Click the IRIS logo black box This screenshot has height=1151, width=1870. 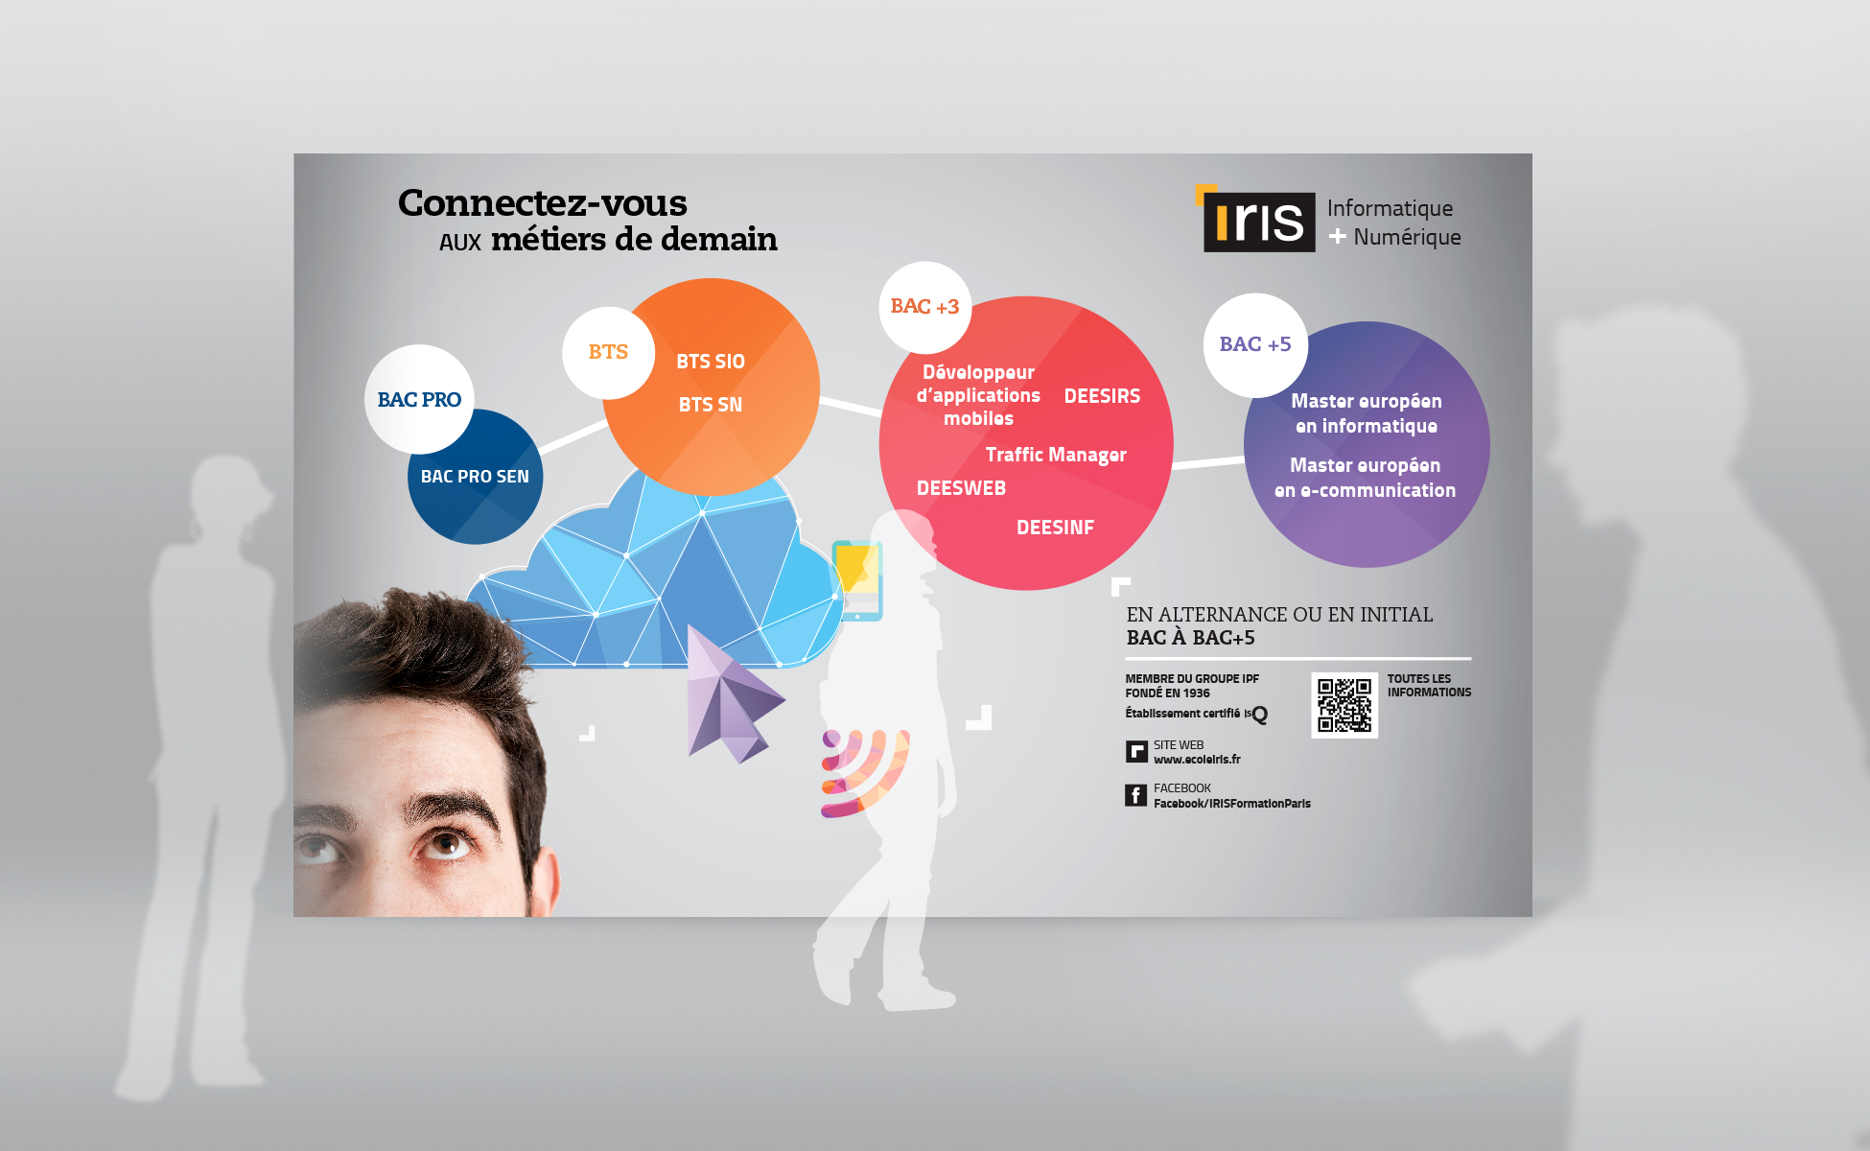tap(1259, 222)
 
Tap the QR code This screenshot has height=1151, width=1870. tap(1344, 705)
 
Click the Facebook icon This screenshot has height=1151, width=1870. tap(1135, 795)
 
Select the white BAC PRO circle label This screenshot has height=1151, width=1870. tap(419, 399)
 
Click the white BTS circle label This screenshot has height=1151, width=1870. tap(608, 352)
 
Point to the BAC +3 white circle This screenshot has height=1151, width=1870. tap(924, 307)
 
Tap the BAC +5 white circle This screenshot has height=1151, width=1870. tap(1255, 344)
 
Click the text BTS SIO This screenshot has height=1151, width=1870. tap(711, 362)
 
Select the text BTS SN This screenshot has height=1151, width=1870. tap(711, 405)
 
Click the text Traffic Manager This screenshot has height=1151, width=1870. tap(1056, 456)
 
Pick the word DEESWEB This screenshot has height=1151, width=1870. tap(961, 488)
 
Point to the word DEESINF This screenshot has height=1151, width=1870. tap(1055, 528)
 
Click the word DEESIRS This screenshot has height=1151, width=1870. tap(1102, 396)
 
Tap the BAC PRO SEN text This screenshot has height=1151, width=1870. tap(475, 477)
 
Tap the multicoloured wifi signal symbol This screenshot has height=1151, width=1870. tap(863, 773)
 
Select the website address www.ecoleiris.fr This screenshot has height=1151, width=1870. tap(1197, 760)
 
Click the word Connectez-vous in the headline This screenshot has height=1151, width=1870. tap(543, 202)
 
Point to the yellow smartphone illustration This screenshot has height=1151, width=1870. tap(857, 579)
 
